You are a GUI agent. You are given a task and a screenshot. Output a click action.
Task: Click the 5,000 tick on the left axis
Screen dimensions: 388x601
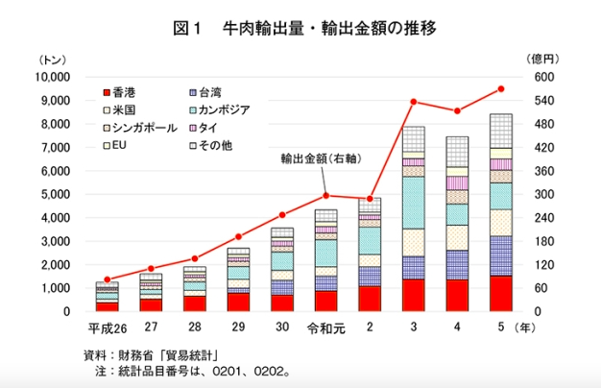click(x=54, y=194)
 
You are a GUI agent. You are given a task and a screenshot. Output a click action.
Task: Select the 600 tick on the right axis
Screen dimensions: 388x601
click(x=544, y=77)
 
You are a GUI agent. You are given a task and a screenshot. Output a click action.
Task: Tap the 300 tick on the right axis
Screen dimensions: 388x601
click(x=544, y=194)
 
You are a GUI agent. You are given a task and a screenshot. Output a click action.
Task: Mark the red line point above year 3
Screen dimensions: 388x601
click(x=414, y=102)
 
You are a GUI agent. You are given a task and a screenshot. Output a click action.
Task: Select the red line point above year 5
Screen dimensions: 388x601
click(x=500, y=89)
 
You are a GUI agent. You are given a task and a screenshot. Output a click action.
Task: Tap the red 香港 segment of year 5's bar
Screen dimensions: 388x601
click(x=500, y=294)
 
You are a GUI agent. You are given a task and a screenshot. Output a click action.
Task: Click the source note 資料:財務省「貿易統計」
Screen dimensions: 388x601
click(x=153, y=355)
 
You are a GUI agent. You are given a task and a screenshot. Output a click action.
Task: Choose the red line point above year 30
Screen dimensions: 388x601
click(x=282, y=215)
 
